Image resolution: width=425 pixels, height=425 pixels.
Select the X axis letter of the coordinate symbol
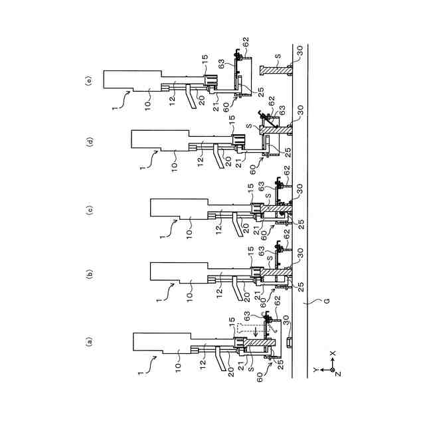333,355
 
